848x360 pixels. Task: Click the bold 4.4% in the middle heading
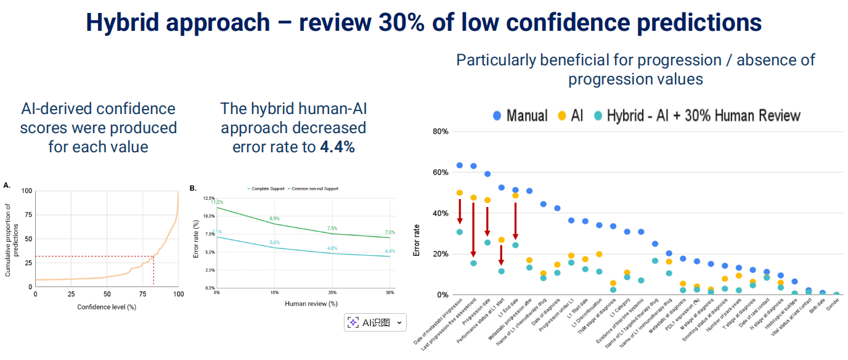tap(337, 147)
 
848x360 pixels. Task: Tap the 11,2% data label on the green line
tap(216, 202)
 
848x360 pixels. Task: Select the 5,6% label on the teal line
tap(274, 243)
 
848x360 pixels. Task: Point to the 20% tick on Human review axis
tap(332, 292)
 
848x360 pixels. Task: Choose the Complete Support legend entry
tap(267, 189)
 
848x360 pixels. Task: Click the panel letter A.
tap(7, 185)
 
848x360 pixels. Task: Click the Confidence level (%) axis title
tap(107, 306)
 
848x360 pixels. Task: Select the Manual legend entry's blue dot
tap(497, 116)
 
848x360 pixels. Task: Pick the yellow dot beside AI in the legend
tap(561, 116)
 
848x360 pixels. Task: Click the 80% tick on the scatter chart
tap(440, 131)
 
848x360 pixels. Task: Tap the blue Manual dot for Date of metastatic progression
tap(459, 165)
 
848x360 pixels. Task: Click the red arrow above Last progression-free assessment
tap(473, 229)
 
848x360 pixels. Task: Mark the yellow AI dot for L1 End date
tap(515, 195)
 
